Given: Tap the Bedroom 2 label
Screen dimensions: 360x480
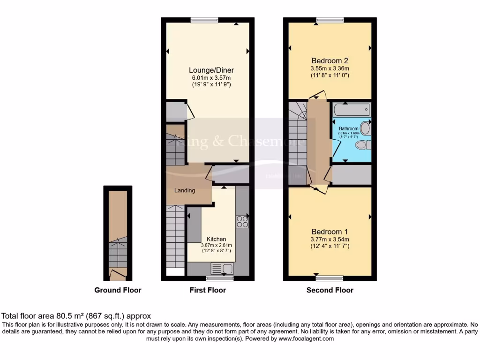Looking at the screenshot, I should [x=330, y=60].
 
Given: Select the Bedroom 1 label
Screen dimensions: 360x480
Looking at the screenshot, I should [x=330, y=232].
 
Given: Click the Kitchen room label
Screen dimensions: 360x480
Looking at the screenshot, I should [x=216, y=239].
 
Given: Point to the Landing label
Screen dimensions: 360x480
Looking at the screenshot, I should [x=185, y=190].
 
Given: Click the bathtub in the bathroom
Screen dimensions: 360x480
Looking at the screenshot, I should [x=352, y=111].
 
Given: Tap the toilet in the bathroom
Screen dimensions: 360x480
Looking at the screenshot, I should [x=362, y=146].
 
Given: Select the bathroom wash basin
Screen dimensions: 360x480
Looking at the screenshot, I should [x=366, y=129].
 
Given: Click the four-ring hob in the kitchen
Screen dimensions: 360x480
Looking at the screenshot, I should [x=242, y=221].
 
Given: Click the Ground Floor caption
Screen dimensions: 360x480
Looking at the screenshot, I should [x=118, y=290].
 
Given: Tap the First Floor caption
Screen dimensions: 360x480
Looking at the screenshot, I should [x=208, y=290].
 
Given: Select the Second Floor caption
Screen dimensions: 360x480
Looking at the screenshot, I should [x=330, y=290].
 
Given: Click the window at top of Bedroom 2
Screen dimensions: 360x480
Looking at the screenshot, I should [x=330, y=19].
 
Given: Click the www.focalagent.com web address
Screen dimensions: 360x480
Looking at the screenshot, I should [x=306, y=338].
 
